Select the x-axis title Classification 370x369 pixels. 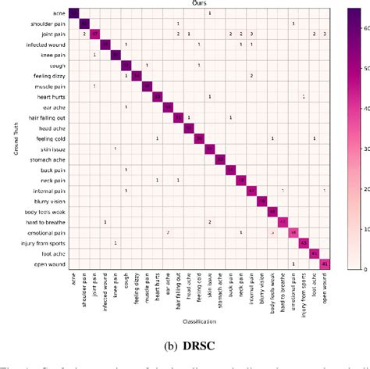coord(200,321)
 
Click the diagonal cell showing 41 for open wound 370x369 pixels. coord(325,263)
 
